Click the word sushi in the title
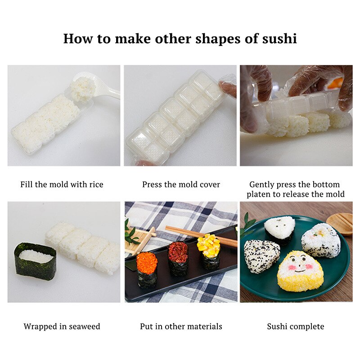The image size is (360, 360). (279, 39)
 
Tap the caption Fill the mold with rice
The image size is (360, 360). (62, 184)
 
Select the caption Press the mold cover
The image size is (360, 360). (181, 184)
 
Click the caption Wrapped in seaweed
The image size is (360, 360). (62, 326)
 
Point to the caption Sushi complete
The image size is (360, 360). (296, 326)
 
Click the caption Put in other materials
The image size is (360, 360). (181, 326)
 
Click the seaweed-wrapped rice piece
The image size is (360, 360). (35, 261)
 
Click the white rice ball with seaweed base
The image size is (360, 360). (280, 229)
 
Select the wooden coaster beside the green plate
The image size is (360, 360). (341, 223)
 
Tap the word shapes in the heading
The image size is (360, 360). (218, 39)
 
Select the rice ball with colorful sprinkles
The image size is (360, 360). (320, 241)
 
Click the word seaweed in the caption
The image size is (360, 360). (84, 326)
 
